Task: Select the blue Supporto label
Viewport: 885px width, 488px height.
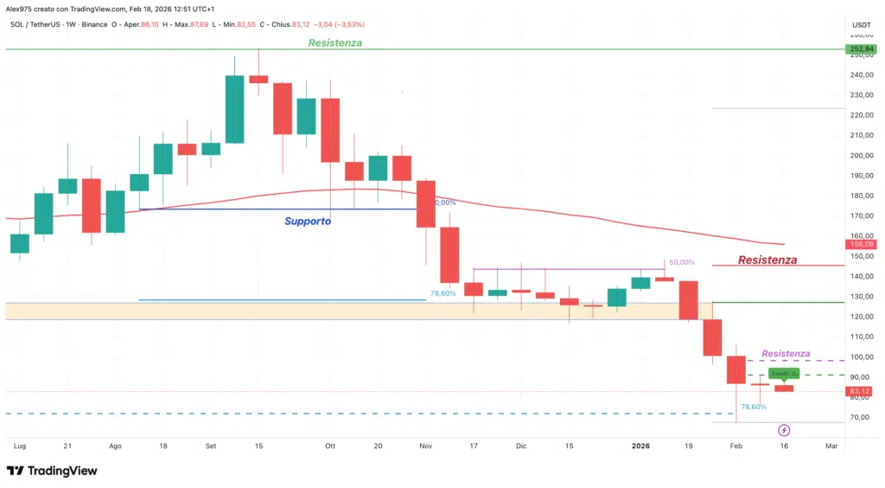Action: tap(308, 222)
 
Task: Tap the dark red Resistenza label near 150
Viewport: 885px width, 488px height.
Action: tap(767, 260)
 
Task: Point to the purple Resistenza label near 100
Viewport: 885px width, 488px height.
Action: tap(786, 354)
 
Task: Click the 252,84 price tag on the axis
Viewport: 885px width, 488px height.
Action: tap(860, 49)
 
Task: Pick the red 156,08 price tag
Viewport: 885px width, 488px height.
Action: tap(860, 245)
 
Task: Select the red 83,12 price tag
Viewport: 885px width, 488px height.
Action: tap(860, 391)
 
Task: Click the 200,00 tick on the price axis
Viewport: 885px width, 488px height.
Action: tap(860, 156)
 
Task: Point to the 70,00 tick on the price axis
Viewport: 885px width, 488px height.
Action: tap(860, 417)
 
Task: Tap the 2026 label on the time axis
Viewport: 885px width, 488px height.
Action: tap(640, 446)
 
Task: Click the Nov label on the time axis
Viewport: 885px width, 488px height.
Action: tap(425, 446)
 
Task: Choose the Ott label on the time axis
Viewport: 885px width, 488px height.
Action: tap(329, 446)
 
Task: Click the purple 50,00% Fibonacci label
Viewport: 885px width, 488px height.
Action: tap(681, 261)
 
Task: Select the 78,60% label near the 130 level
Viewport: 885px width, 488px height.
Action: tap(442, 294)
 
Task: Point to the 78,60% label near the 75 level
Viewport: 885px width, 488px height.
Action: tap(754, 407)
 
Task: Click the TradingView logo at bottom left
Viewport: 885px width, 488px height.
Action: tap(52, 471)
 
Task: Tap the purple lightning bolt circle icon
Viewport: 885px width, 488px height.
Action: tap(784, 430)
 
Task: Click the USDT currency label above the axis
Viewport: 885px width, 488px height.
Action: tap(861, 24)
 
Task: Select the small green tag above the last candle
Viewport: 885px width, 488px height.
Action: tap(783, 373)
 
